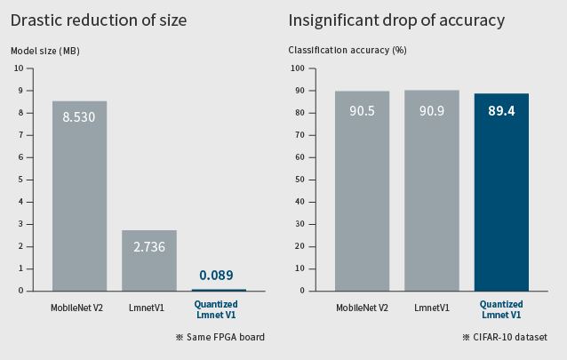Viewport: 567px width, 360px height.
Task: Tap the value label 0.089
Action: pos(217,276)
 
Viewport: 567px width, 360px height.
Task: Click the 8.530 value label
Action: pos(79,116)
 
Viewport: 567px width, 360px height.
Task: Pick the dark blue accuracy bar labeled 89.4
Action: pos(501,196)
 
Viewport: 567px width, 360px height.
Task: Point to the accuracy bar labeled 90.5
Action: pos(362,196)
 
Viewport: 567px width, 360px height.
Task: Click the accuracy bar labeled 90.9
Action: pos(432,196)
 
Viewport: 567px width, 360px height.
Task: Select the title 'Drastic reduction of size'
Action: pos(99,20)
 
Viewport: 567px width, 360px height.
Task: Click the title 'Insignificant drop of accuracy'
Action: pos(396,20)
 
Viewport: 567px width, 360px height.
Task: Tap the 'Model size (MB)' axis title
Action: pos(45,51)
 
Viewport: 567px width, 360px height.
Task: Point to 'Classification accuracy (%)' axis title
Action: pos(347,50)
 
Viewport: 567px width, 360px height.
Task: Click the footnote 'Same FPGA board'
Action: pos(220,337)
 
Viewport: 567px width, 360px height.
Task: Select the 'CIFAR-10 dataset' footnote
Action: pos(504,337)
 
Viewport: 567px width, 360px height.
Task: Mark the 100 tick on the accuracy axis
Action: pos(297,68)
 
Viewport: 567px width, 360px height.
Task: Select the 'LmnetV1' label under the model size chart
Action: pos(149,308)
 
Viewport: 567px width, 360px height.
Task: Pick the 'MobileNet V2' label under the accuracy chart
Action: pos(362,308)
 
